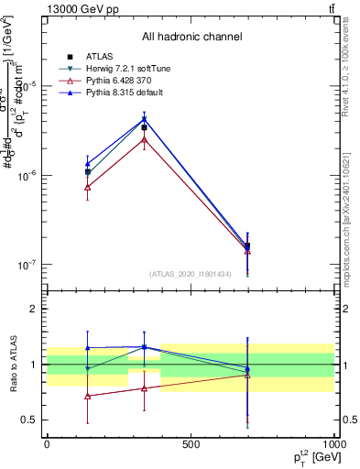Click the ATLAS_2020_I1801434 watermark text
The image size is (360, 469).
(191, 273)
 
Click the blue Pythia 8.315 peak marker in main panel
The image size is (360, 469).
(144, 119)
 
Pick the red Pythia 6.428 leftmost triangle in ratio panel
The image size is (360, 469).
(87, 396)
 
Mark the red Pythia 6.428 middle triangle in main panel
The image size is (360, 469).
(144, 138)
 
